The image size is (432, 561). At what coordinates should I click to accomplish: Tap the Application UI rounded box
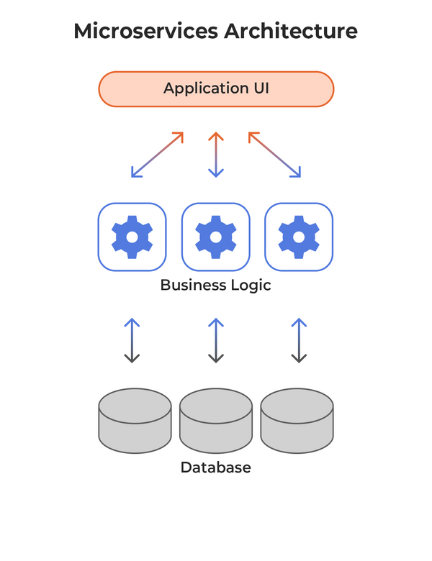pos(216,89)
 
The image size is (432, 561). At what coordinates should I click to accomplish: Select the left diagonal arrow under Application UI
pos(158,154)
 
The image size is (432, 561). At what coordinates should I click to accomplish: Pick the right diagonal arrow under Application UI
pos(274,154)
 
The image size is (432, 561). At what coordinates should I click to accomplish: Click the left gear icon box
pos(132,236)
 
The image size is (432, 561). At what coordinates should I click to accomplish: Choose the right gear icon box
pos(299,236)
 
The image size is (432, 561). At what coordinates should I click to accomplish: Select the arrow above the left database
pos(132,339)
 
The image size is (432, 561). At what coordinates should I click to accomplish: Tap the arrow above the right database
pos(299,339)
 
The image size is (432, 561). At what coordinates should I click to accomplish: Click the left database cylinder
pos(135,421)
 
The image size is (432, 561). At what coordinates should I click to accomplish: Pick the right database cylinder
pos(297,421)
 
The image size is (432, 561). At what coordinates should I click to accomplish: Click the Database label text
pos(216,467)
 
